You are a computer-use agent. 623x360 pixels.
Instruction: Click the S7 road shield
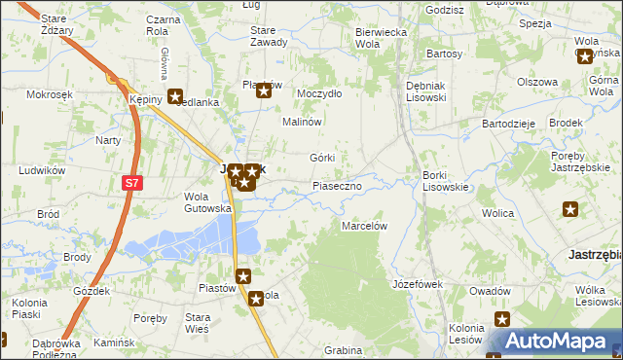pyautogui.click(x=131, y=182)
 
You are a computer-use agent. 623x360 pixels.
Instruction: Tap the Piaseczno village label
pyautogui.click(x=337, y=185)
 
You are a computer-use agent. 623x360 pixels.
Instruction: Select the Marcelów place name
pyautogui.click(x=365, y=226)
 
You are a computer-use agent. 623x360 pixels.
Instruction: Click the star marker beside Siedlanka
pyautogui.click(x=174, y=96)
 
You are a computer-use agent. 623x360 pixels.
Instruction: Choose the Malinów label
pyautogui.click(x=302, y=122)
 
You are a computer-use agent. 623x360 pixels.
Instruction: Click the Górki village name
pyautogui.click(x=322, y=158)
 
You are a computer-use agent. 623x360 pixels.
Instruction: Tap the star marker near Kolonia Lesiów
pyautogui.click(x=502, y=319)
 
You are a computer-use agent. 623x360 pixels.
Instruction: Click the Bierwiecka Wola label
pyautogui.click(x=380, y=37)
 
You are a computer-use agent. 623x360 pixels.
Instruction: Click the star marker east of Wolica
pyautogui.click(x=570, y=208)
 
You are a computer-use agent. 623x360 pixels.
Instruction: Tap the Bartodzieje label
pyautogui.click(x=509, y=124)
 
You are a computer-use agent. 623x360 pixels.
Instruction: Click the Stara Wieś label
pyautogui.click(x=199, y=323)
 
